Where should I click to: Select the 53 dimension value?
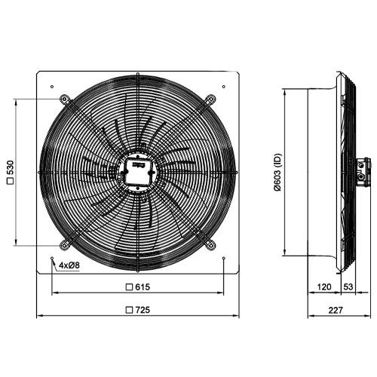pyautogui.click(x=349, y=287)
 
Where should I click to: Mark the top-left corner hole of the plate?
pyautogui.click(x=51, y=87)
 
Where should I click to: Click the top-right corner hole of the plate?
pyautogui.click(x=224, y=87)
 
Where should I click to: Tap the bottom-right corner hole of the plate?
pyautogui.click(x=224, y=259)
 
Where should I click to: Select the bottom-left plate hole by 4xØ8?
pyautogui.click(x=51, y=259)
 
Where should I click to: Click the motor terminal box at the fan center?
pyautogui.click(x=137, y=170)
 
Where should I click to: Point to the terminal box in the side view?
pyautogui.click(x=366, y=170)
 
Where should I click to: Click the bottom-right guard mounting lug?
pyautogui.click(x=210, y=245)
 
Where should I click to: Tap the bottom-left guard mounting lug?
pyautogui.click(x=65, y=245)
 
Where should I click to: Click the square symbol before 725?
pyautogui.click(x=129, y=309)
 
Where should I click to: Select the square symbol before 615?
pyautogui.click(x=129, y=287)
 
